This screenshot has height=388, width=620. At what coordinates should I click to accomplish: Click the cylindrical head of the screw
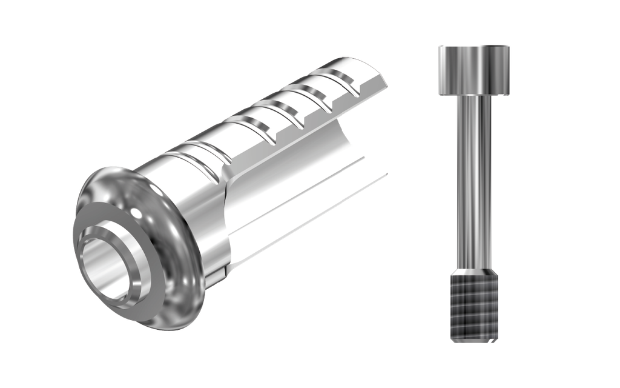(x=474, y=70)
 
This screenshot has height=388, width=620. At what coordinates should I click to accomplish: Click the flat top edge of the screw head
(x=474, y=45)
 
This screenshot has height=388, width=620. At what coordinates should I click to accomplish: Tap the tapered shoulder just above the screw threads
(x=474, y=270)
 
